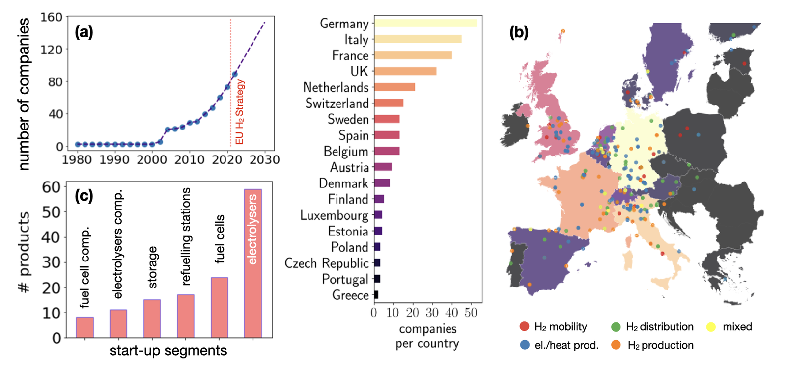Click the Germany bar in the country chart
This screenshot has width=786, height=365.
(x=425, y=23)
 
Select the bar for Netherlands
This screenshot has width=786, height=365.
(x=394, y=87)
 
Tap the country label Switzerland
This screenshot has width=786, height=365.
(x=337, y=104)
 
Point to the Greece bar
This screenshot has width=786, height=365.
(x=376, y=295)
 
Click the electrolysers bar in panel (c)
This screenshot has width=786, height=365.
(x=253, y=263)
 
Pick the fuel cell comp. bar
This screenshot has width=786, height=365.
(x=85, y=327)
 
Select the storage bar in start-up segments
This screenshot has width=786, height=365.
(x=152, y=318)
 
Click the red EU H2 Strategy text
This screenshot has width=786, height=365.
(x=240, y=112)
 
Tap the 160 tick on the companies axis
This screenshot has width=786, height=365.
(x=51, y=18)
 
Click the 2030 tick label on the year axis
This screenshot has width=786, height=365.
(x=265, y=160)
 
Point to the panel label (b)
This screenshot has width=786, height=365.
(x=519, y=32)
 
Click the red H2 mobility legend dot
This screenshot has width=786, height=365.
(x=525, y=327)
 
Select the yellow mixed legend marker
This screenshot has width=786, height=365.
(x=711, y=327)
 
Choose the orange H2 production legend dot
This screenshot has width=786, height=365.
(x=616, y=345)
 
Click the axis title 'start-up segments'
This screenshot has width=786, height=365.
(x=168, y=351)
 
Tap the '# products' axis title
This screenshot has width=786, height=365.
(x=24, y=253)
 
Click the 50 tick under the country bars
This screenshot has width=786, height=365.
(x=471, y=313)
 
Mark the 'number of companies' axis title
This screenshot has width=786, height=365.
(x=24, y=94)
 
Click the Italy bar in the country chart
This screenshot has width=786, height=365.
(x=418, y=39)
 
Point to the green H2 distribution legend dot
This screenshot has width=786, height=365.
(x=616, y=327)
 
